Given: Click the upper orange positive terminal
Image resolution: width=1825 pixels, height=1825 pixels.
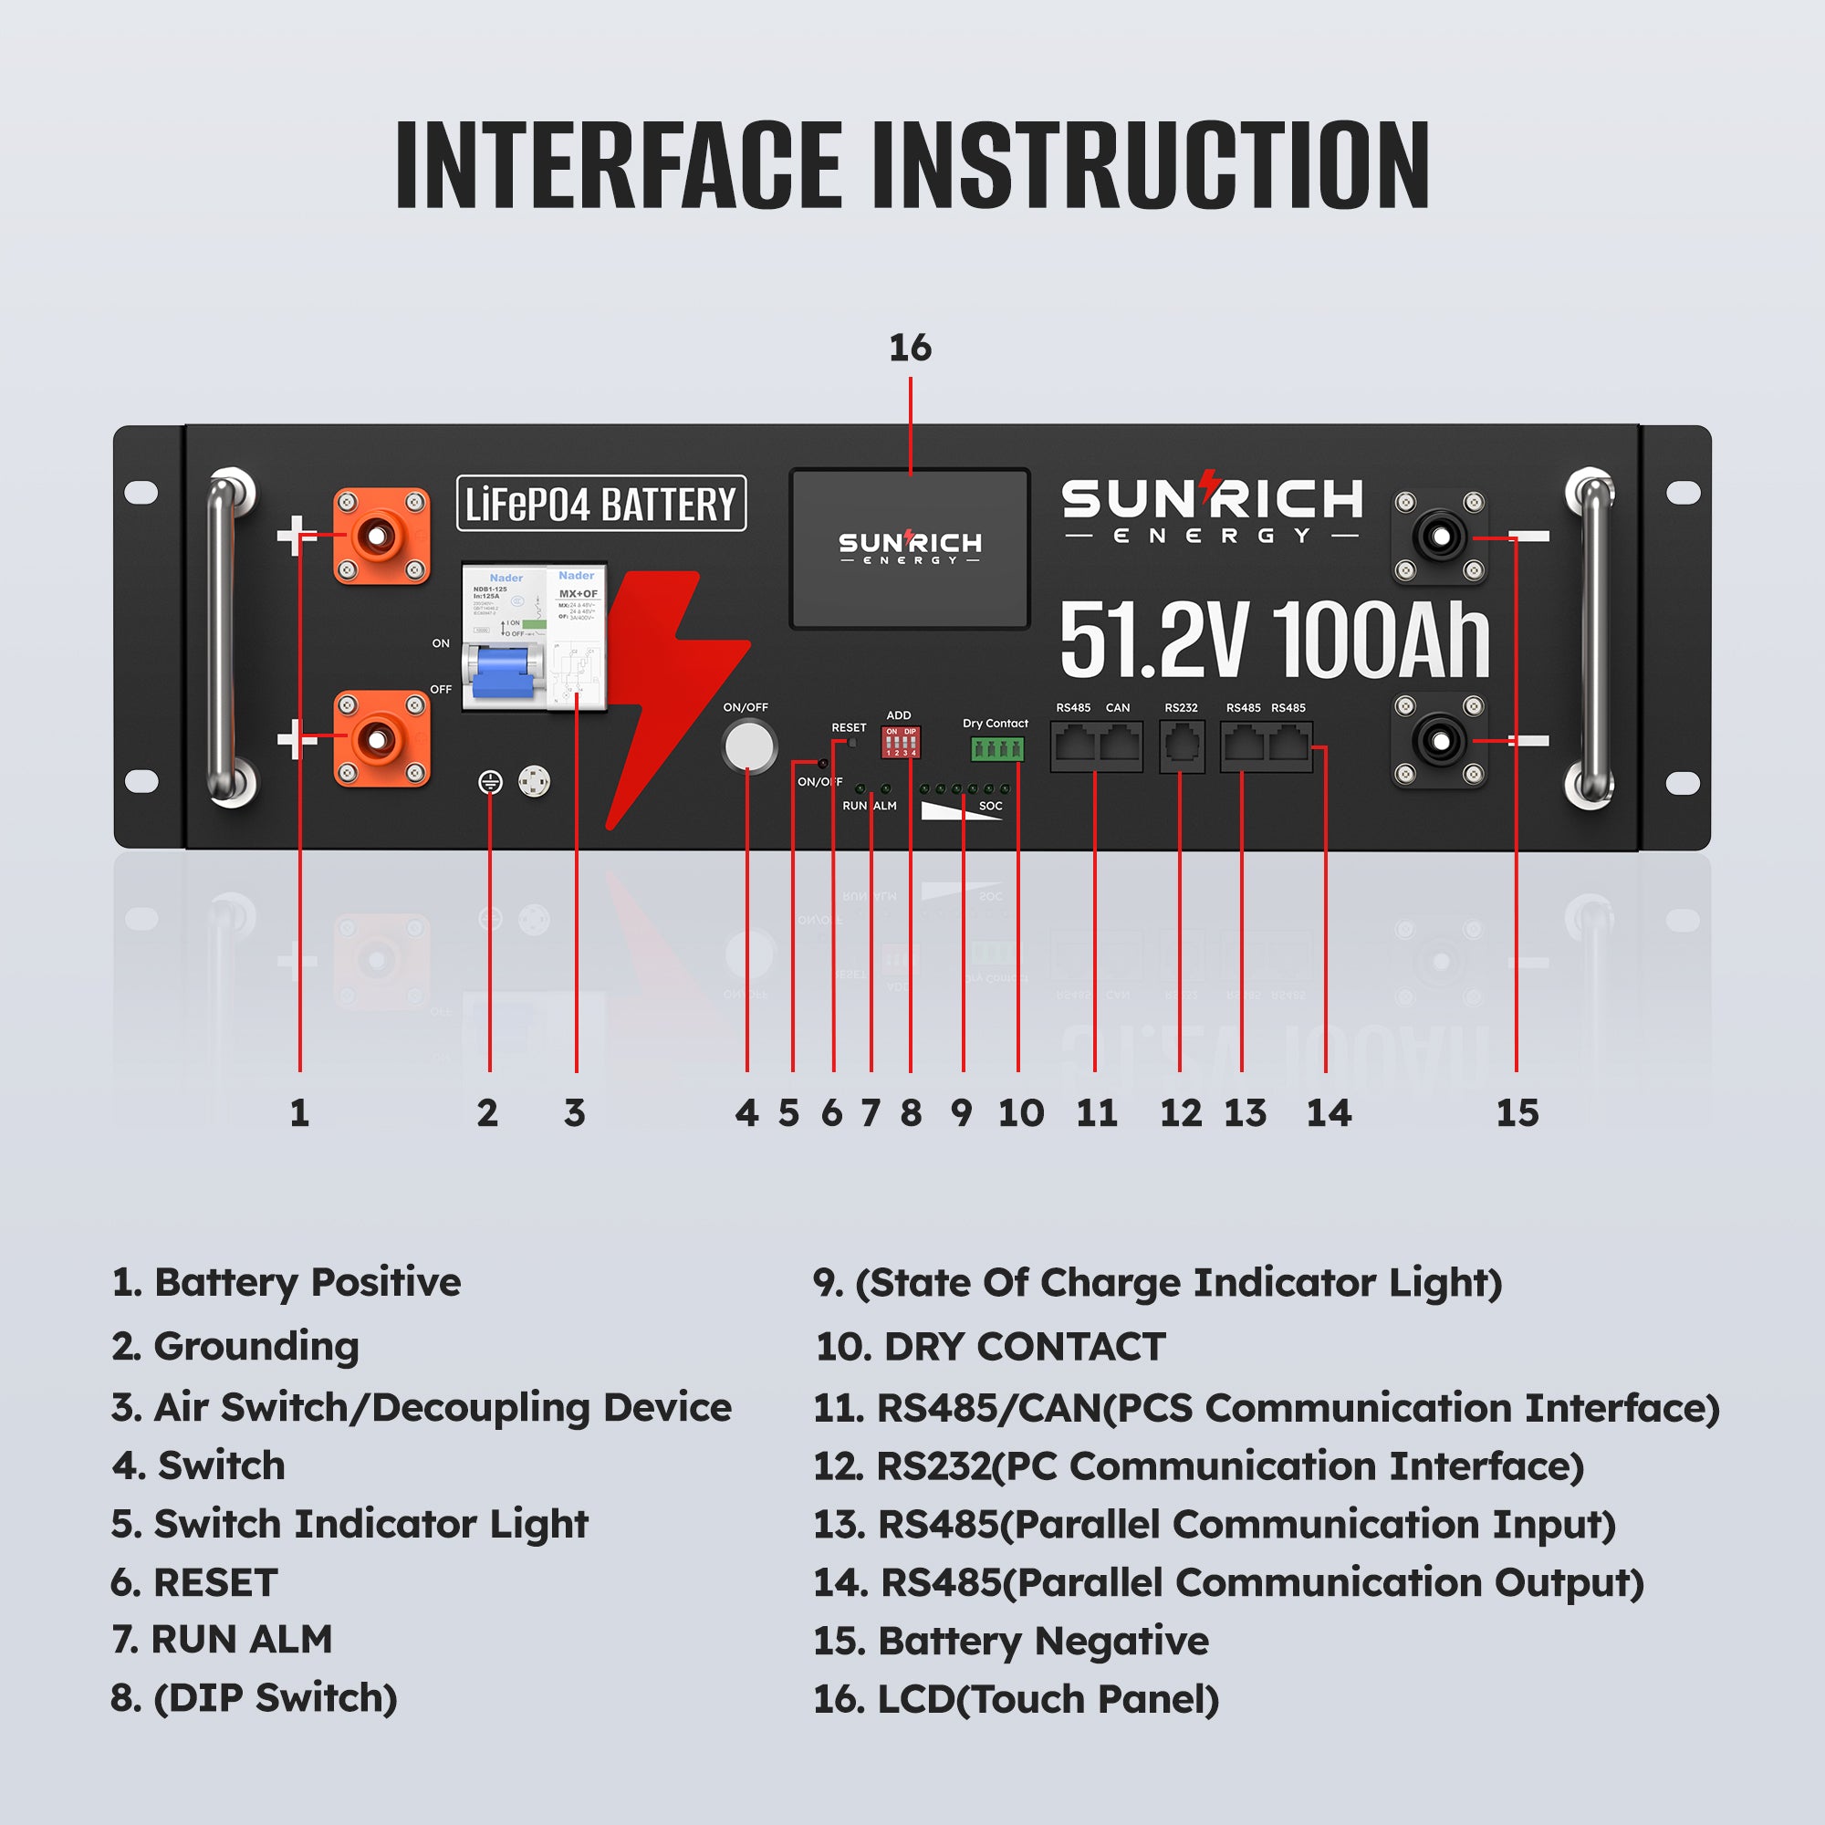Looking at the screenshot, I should point(381,536).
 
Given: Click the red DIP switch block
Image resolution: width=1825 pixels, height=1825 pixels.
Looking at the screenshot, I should point(901,742).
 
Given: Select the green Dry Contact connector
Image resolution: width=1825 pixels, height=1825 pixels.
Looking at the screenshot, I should point(996,749).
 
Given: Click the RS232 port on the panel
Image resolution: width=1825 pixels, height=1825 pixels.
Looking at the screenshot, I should point(1181,746).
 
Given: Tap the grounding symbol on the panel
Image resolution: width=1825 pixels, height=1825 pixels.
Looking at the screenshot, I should point(489,782).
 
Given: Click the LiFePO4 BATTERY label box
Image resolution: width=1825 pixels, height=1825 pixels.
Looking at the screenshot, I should point(600,504).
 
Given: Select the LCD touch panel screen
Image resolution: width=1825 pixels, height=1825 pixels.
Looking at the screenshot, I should point(909,548).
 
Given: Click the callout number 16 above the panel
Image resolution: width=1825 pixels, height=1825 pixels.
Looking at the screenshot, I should point(910,349).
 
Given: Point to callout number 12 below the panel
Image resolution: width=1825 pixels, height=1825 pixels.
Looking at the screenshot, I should point(1181,1112).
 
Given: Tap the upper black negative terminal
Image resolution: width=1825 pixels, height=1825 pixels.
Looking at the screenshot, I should point(1440,537).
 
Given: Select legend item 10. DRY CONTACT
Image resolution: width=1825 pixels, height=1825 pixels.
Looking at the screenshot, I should point(990,1346).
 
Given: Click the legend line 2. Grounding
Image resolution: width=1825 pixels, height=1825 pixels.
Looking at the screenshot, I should point(235,1346).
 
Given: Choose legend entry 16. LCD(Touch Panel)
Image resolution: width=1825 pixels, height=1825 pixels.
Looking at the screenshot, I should point(1016,1698).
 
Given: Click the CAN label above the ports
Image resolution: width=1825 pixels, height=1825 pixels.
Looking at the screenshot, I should point(1118,707).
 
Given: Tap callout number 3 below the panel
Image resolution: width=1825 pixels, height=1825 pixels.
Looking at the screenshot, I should point(574,1112).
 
